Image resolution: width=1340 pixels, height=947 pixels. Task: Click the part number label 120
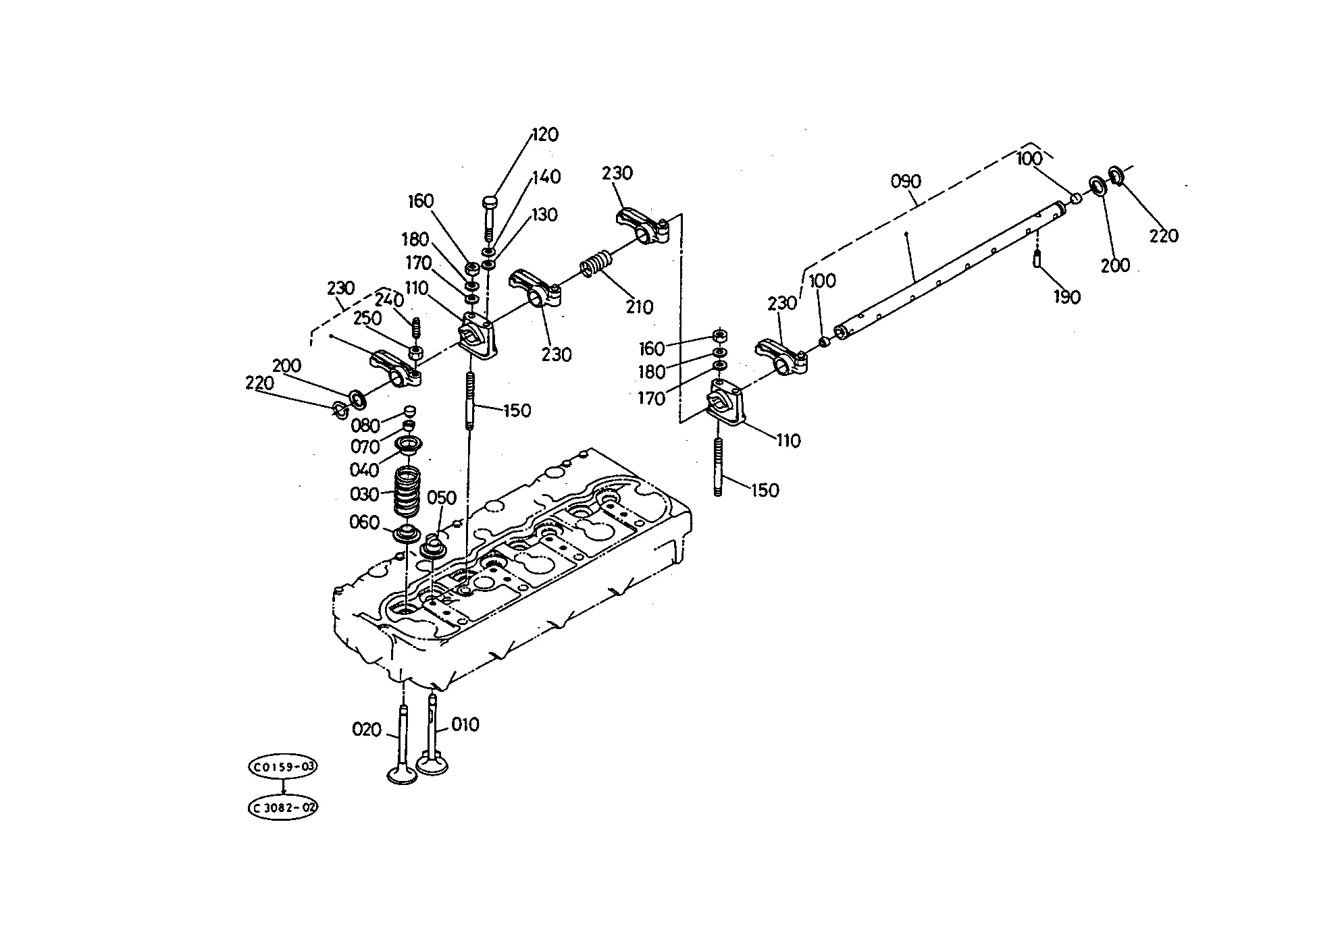545,134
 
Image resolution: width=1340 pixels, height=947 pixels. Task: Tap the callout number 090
906,182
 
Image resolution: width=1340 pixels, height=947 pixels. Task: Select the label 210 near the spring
639,307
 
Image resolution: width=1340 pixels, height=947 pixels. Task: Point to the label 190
1066,297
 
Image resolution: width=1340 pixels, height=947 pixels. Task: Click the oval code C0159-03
283,767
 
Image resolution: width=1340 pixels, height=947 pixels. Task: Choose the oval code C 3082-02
283,807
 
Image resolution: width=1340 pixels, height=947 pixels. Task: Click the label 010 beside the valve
465,725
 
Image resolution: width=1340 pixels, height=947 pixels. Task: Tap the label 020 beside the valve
367,730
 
